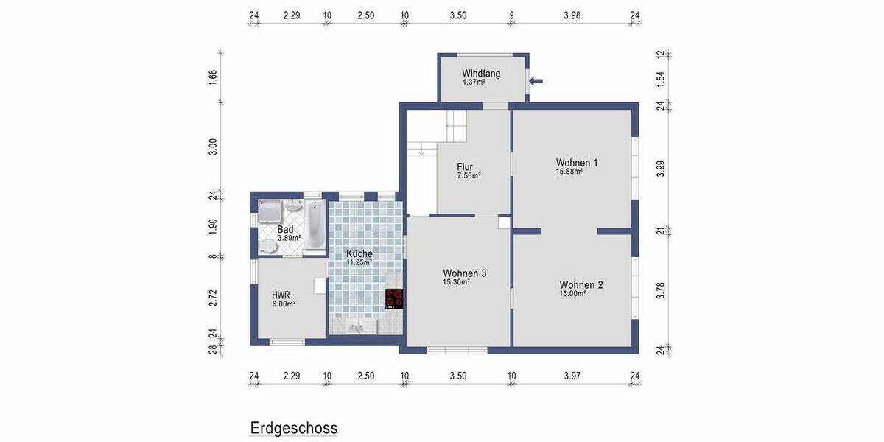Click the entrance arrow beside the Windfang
(x=536, y=81)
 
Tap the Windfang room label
(x=481, y=74)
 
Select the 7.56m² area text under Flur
(x=469, y=176)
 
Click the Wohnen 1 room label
(x=577, y=162)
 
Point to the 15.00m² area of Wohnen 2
(x=572, y=294)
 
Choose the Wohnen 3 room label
(x=464, y=273)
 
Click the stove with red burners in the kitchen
(x=395, y=298)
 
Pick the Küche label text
(x=359, y=253)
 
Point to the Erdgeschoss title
(x=293, y=428)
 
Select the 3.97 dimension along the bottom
(x=572, y=376)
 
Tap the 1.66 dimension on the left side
(x=213, y=78)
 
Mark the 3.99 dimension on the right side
(x=661, y=169)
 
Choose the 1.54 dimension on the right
(x=661, y=79)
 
